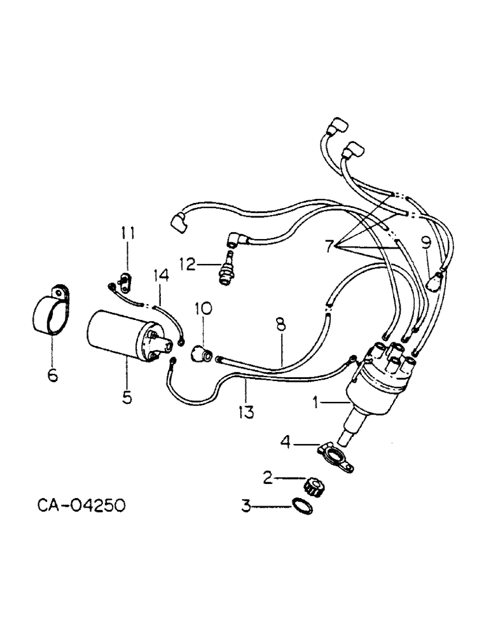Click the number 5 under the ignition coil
coord(127,397)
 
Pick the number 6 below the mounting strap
coord(52,375)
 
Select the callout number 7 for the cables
coord(329,245)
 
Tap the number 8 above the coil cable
coord(280,325)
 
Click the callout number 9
coord(425,242)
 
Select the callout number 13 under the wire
coord(246,411)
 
